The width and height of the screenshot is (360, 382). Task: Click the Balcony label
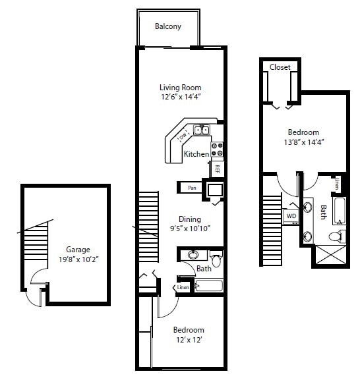167,27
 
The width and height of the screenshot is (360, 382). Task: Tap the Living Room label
180,88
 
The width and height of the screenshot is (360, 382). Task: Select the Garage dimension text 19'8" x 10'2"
78,259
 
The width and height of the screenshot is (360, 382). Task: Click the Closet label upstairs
280,67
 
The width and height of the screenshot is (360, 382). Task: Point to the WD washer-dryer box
291,215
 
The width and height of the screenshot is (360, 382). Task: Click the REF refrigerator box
216,169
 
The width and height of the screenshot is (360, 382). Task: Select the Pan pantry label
192,188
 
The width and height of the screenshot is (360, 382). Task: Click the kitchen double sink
201,130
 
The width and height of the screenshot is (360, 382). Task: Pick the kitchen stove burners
218,150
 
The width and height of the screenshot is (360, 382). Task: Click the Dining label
190,219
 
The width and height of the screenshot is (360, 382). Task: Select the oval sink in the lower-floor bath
193,254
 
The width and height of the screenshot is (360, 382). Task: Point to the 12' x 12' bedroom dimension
188,340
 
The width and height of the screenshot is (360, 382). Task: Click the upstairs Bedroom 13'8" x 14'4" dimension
303,142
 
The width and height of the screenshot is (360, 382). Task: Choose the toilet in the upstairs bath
337,234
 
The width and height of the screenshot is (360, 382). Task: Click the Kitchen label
196,154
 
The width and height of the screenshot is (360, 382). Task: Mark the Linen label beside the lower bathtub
183,287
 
